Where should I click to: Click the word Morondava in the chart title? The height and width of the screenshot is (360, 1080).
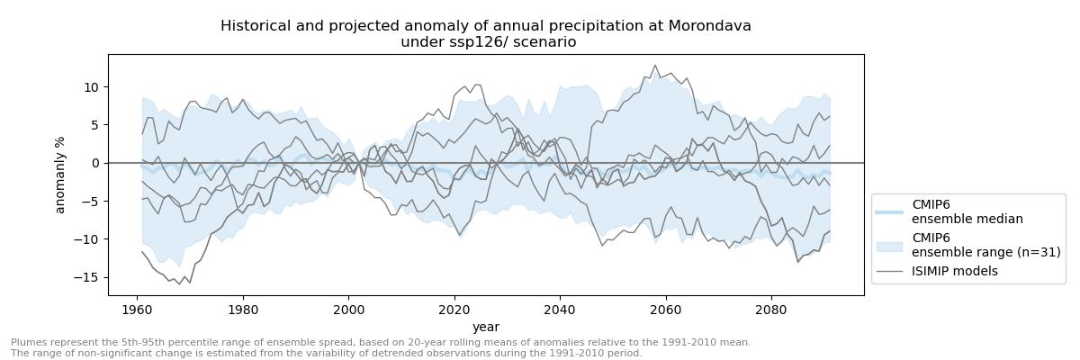click(709, 26)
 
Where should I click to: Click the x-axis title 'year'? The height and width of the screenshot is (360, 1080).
click(486, 327)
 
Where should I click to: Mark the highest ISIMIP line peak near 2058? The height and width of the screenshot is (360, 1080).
click(655, 65)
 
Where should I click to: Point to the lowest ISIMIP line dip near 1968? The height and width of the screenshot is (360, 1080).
click(179, 284)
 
